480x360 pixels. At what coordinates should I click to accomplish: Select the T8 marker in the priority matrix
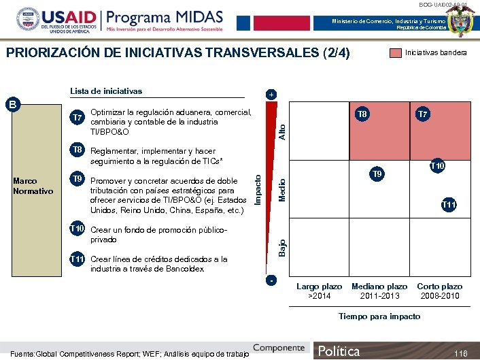[x=362, y=115]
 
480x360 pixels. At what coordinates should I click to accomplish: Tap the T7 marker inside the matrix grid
[x=422, y=115]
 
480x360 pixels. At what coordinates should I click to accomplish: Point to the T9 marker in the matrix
[x=378, y=175]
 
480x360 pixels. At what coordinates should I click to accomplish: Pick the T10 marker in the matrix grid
[x=436, y=166]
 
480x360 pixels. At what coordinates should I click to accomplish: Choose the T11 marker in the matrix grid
[x=449, y=205]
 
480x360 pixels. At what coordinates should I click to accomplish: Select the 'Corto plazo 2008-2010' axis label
[x=439, y=291]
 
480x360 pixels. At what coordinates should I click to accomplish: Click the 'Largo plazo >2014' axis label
[x=319, y=291]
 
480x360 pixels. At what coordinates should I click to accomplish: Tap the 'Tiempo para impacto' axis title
[x=379, y=316]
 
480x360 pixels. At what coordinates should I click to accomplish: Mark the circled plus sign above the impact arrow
[x=271, y=95]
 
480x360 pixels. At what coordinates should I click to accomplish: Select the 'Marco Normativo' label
[x=33, y=186]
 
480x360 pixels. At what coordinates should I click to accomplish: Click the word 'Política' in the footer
[x=339, y=351]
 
